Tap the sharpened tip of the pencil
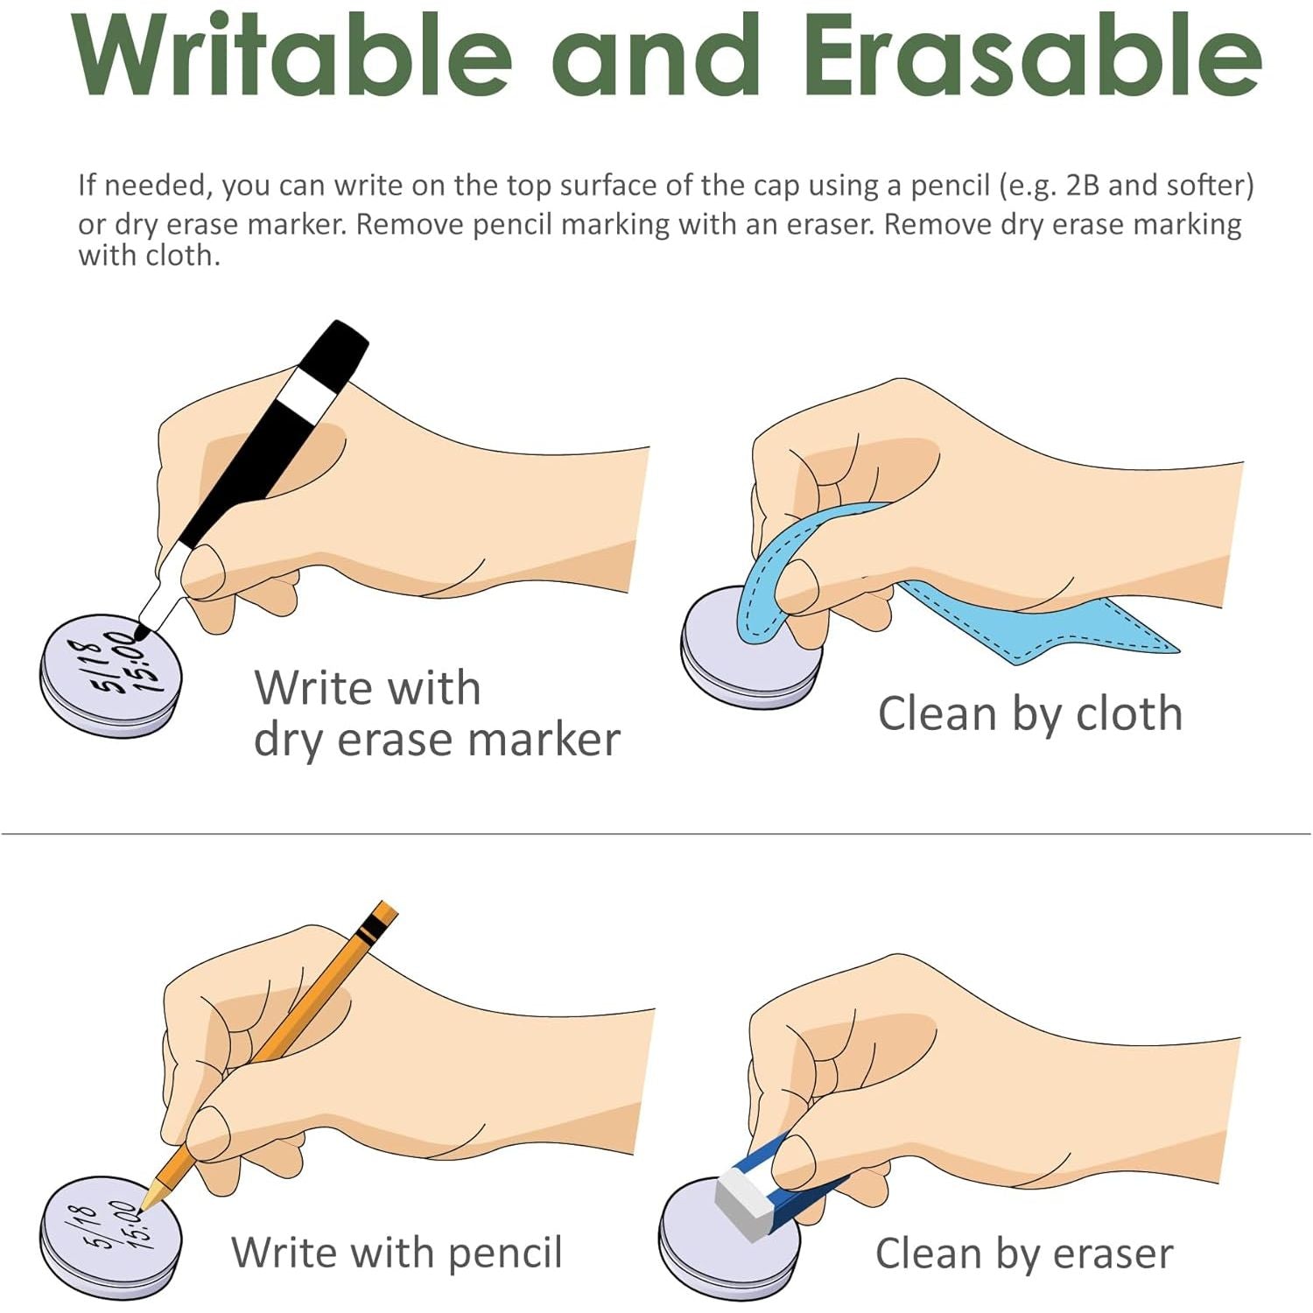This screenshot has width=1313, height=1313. (x=145, y=1204)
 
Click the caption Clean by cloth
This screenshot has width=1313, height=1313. (x=1030, y=713)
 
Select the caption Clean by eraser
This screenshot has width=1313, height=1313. (x=1024, y=1253)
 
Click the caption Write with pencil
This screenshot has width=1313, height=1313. (x=397, y=1253)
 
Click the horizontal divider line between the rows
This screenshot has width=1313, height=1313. (x=656, y=834)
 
